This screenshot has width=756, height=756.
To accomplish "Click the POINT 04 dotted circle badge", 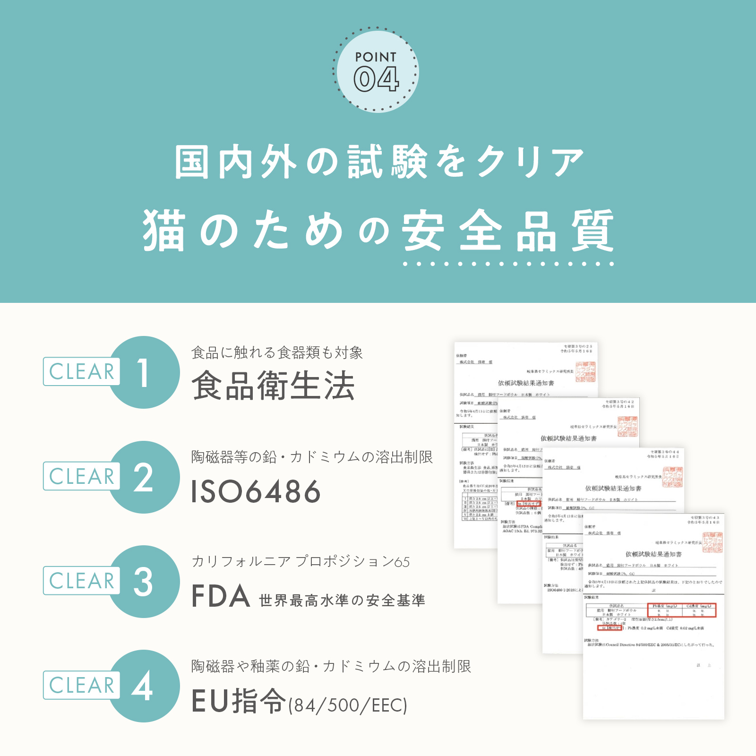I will (x=376, y=71).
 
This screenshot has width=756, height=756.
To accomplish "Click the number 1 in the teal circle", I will (x=144, y=372).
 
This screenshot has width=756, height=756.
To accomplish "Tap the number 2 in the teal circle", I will (x=144, y=477).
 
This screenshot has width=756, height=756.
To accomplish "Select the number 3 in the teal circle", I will (x=144, y=582).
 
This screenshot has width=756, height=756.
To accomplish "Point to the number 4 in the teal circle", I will (x=143, y=686).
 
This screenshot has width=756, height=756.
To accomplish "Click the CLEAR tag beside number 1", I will (x=81, y=372).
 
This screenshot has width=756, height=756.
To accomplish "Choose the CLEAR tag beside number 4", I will (x=81, y=685).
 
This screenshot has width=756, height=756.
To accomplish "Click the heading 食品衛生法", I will (x=273, y=386).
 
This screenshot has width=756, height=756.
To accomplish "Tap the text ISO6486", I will (x=256, y=491).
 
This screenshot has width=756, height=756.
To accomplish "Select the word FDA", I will (x=221, y=596).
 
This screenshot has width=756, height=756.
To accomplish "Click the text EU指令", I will (x=239, y=701).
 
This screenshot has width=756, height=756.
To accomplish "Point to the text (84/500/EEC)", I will (x=348, y=705).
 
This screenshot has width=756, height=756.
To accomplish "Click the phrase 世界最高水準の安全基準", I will (x=342, y=601).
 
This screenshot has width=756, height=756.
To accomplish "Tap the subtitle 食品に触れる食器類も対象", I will (x=277, y=352).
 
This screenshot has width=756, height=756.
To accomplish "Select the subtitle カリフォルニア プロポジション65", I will (x=301, y=562).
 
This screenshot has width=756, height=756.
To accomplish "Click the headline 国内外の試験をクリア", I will (x=379, y=162).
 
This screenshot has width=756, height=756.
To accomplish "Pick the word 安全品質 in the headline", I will (x=508, y=232).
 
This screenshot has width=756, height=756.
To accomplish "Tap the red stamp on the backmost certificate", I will (x=585, y=372).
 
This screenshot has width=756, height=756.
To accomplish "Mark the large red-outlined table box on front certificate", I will (x=682, y=610).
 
